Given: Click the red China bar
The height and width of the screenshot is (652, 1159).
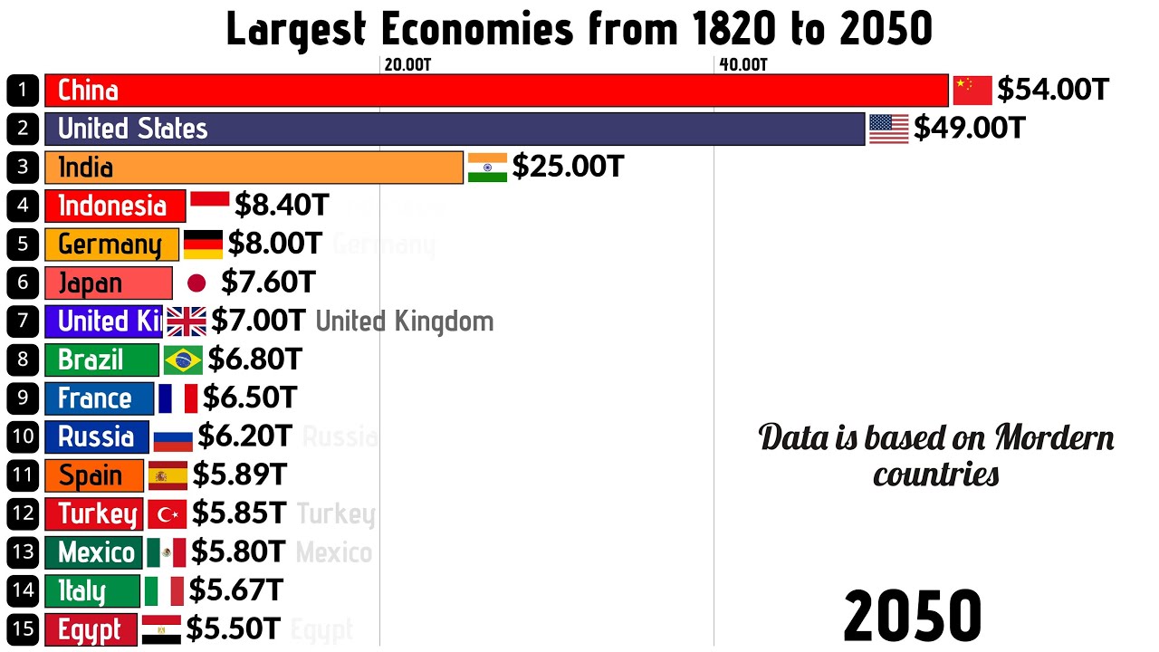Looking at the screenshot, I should coord(496,91).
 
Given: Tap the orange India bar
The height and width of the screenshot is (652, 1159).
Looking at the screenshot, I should coord(254,168).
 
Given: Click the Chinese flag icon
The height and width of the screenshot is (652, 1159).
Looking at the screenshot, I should coord(972,91).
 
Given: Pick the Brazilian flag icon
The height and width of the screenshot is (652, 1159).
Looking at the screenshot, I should coord(183,360).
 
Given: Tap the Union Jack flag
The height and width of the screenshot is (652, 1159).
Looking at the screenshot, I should coord(187,321).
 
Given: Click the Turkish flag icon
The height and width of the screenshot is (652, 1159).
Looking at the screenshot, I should coord(167,514).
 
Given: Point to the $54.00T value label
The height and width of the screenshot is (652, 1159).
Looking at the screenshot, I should coord(1052,91).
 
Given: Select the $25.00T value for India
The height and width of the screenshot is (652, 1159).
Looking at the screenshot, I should coord(568,168).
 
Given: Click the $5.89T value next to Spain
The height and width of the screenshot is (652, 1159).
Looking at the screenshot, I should coord(239,475).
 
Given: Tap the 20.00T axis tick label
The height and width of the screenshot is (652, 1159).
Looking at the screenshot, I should coord(407,64).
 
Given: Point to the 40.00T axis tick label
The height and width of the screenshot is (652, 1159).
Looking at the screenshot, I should coord(743,64).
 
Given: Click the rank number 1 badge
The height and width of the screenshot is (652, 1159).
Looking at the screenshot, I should coord(23,91).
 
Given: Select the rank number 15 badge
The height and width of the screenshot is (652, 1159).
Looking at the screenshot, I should coord(23,629).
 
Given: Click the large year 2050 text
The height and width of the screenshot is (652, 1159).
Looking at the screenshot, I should coord(912,617).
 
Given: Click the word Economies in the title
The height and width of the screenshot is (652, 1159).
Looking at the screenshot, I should coord(476,30).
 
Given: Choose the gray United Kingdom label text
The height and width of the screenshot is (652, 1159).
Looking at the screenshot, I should coord(404,321).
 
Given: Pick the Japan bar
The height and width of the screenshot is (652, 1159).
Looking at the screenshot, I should coord(108,283).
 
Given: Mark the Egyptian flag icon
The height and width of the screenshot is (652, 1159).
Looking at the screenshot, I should coord(161,629).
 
